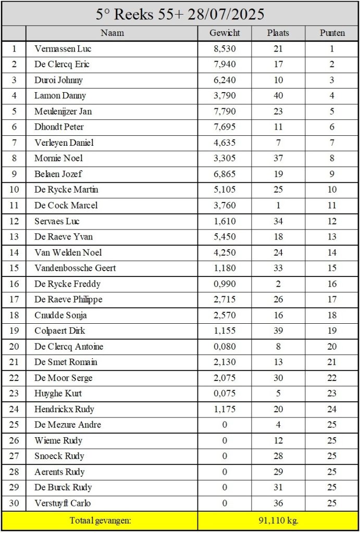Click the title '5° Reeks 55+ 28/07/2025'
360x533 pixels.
pyautogui.click(x=180, y=14)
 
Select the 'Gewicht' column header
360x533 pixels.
pyautogui.click(x=225, y=33)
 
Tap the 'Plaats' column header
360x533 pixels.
pyautogui.click(x=278, y=33)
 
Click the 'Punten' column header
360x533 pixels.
pyautogui.click(x=332, y=33)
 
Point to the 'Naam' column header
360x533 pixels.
pyautogui.click(x=111, y=33)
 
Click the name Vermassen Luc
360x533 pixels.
pyautogui.click(x=63, y=49)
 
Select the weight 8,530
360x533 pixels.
pyautogui.click(x=225, y=49)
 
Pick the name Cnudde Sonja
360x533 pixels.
pyautogui.click(x=60, y=315)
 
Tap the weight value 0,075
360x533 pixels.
pyautogui.click(x=225, y=394)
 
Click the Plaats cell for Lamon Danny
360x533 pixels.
pyautogui.click(x=278, y=96)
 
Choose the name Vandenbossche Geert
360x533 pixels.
pyautogui.click(x=75, y=268)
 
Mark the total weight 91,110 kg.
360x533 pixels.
pyautogui.click(x=278, y=520)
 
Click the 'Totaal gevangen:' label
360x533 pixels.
pyautogui.click(x=100, y=520)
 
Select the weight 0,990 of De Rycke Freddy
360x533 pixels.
pyautogui.click(x=225, y=284)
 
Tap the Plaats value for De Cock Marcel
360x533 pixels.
pyautogui.click(x=278, y=205)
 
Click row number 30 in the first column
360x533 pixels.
pyautogui.click(x=14, y=503)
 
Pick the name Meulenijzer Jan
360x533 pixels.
pyautogui.click(x=63, y=111)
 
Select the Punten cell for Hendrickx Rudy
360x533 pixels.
pyautogui.click(x=332, y=409)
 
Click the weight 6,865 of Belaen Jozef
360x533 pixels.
pyautogui.click(x=225, y=174)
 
